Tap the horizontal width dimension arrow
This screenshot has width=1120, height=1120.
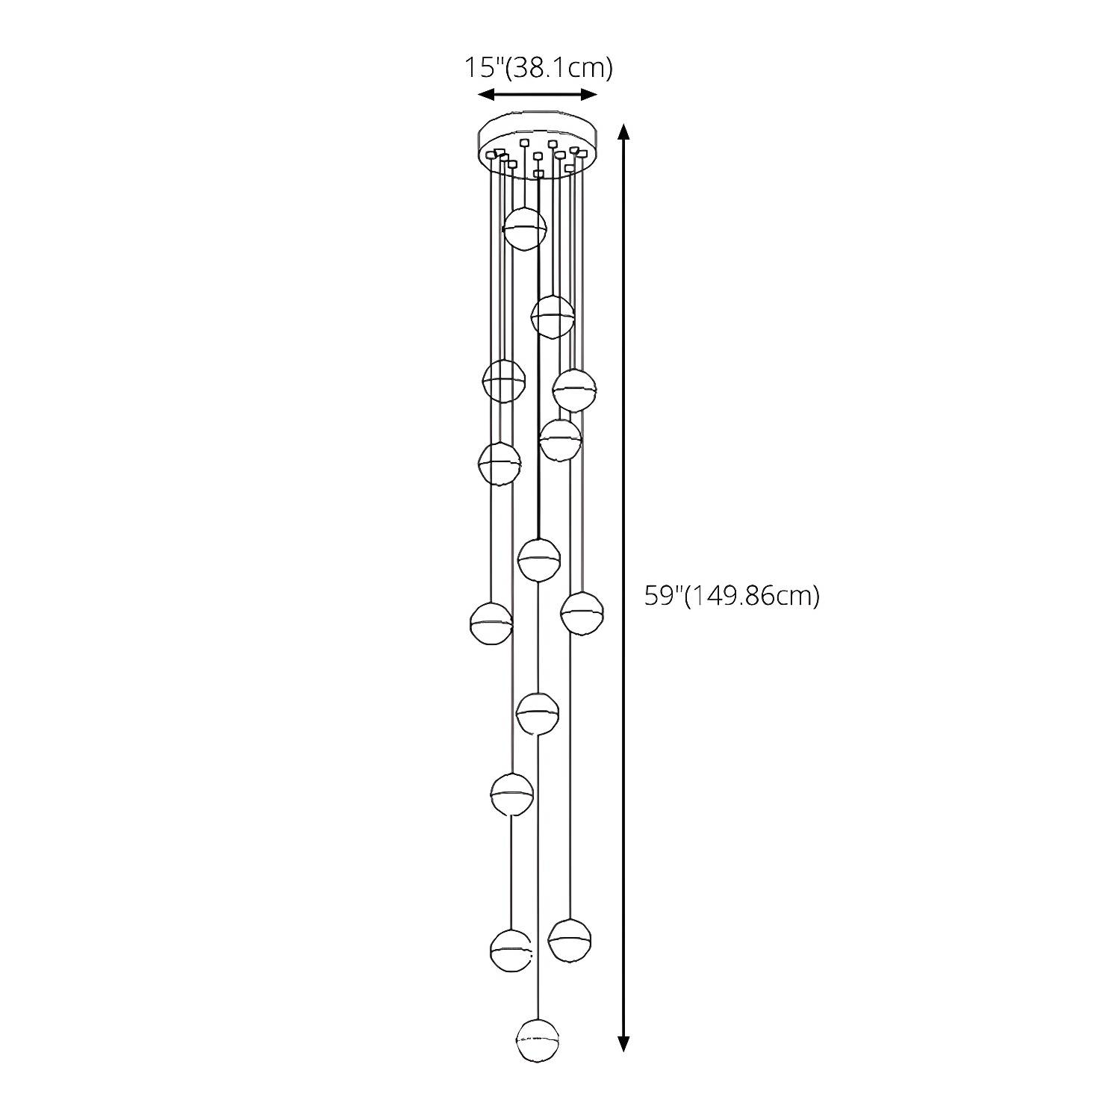[x=538, y=94]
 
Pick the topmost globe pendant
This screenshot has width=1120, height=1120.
[x=525, y=228]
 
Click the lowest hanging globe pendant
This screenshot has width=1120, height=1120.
[x=538, y=1041]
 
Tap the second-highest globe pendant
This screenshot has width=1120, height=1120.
[x=553, y=317]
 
